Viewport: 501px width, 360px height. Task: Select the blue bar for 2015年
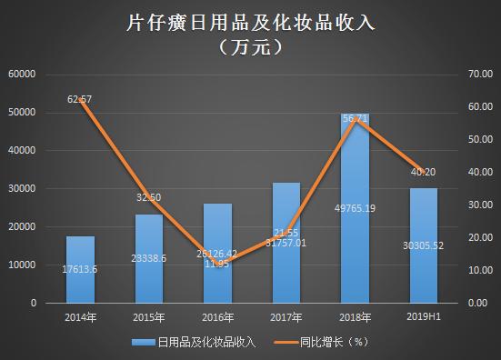click(x=150, y=258)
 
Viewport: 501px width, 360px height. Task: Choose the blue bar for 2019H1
click(x=424, y=245)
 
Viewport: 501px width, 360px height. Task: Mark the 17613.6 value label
click(x=81, y=269)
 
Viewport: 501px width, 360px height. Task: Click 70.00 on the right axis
click(x=479, y=74)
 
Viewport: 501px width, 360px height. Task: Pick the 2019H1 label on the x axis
click(x=424, y=316)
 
